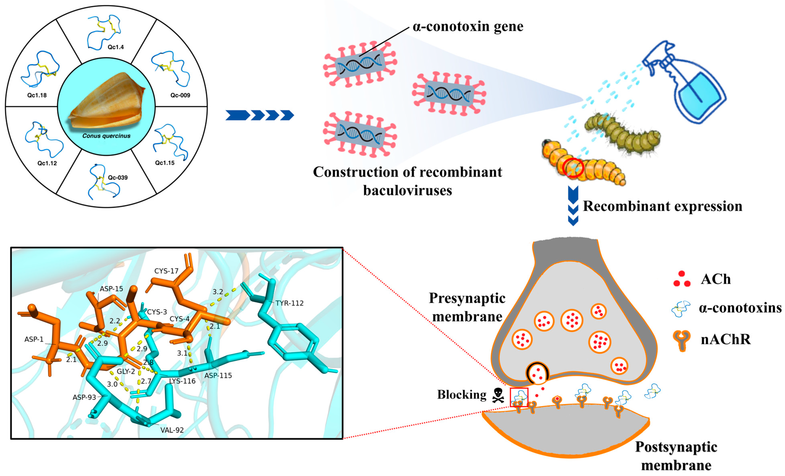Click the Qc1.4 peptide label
coord(115,47)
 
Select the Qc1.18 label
coord(37,95)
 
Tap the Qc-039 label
coord(118,177)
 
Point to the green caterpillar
coord(621,134)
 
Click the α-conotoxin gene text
coord(468,27)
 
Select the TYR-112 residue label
coord(289,303)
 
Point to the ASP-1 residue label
coord(34,339)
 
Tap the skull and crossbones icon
coord(498,395)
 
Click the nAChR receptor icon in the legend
coord(682,340)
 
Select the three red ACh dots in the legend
coord(682,279)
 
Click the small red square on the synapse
coord(519,397)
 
